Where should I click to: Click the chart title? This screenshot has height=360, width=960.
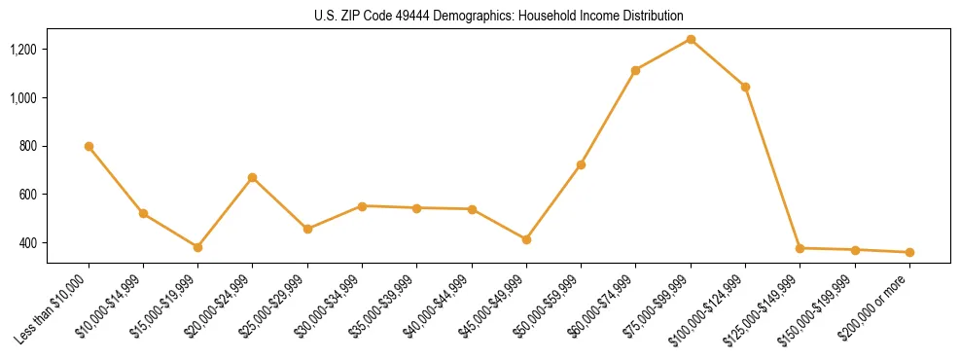499,17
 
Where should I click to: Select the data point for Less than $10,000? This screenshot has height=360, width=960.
89,146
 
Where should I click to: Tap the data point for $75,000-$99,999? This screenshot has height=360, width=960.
691,39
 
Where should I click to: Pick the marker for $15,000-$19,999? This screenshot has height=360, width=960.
197,247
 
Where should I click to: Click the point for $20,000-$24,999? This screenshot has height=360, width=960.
252,178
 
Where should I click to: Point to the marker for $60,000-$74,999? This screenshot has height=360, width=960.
635,70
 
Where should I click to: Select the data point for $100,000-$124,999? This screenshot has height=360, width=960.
745,87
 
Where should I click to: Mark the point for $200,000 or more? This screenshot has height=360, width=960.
909,252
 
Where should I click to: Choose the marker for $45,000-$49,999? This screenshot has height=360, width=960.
526,239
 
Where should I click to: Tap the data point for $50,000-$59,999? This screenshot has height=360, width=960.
581,164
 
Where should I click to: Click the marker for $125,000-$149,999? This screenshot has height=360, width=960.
800,248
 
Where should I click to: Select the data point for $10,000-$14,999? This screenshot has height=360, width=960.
143,213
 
